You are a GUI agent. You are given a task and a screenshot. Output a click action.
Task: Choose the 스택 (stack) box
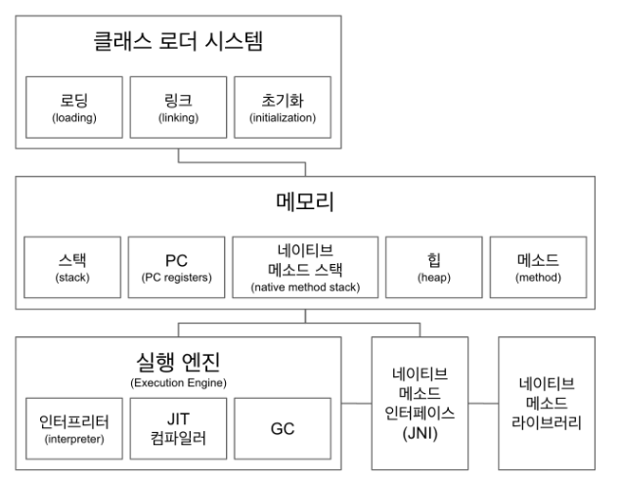(x=71, y=267)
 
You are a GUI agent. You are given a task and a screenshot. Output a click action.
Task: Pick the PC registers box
(x=176, y=267)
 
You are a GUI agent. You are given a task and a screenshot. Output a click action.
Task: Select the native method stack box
(x=307, y=267)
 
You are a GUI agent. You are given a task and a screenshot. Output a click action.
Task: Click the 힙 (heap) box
(x=434, y=267)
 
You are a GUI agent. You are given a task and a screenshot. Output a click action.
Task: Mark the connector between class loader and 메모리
(x=177, y=162)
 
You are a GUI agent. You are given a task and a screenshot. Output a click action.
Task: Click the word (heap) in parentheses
(x=434, y=277)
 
